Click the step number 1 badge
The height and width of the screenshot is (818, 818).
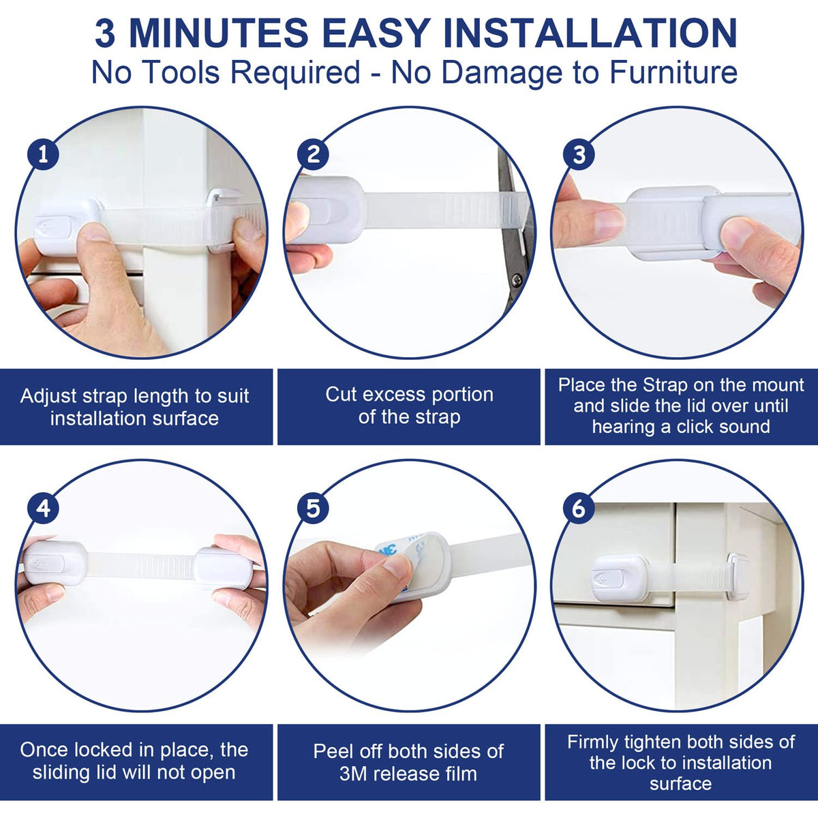point(44,155)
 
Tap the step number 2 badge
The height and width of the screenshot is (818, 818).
point(313,155)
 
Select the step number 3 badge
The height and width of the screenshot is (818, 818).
point(579,155)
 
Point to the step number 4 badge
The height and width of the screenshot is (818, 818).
point(44,508)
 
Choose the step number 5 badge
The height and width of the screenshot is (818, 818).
point(313,508)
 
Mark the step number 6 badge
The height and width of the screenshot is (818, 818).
point(579,508)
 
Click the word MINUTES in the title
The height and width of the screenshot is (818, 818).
point(219,33)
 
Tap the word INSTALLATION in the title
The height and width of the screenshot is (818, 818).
point(590,33)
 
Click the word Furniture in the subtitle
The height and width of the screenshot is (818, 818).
point(673,72)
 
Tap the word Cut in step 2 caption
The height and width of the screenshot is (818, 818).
point(342,395)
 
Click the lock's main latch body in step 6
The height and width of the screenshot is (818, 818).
point(620,579)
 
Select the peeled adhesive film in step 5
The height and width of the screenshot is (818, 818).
point(395,553)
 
